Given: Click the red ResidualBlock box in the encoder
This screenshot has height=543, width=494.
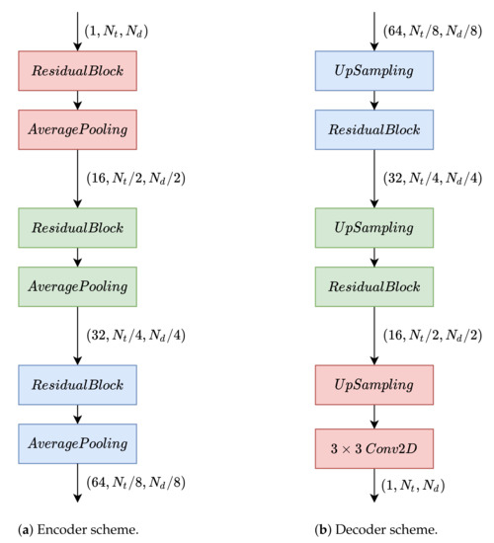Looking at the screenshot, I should pyautogui.click(x=78, y=72).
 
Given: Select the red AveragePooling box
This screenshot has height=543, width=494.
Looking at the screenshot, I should pyautogui.click(x=78, y=130).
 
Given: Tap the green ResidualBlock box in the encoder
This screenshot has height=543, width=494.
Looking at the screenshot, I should pyautogui.click(x=78, y=227).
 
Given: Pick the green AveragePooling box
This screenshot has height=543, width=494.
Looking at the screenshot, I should pyautogui.click(x=78, y=285).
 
